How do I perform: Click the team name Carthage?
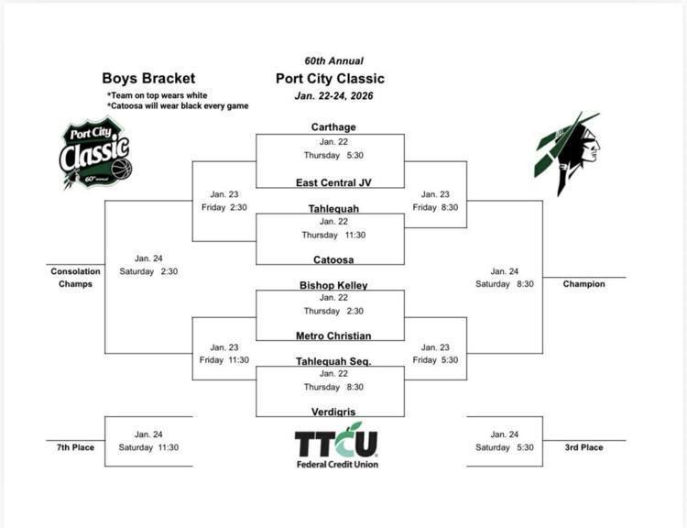pyautogui.click(x=333, y=127)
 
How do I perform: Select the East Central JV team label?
pyautogui.click(x=333, y=182)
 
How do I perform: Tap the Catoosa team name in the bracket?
pyautogui.click(x=333, y=260)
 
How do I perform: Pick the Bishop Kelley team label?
pyautogui.click(x=333, y=286)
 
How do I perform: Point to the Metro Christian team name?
pyautogui.click(x=333, y=336)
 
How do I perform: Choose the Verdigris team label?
pyautogui.click(x=333, y=412)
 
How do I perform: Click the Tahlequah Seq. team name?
pyautogui.click(x=333, y=362)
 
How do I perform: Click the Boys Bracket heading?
pyautogui.click(x=148, y=79)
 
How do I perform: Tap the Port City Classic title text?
pyautogui.click(x=330, y=79)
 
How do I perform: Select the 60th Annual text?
pyautogui.click(x=333, y=60)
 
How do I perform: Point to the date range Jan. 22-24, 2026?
pyautogui.click(x=334, y=96)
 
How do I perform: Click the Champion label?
pyautogui.click(x=584, y=284)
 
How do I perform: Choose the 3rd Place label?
pyautogui.click(x=584, y=447)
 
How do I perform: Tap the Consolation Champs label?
pyautogui.click(x=72, y=278)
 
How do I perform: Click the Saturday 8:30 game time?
pyautogui.click(x=505, y=284)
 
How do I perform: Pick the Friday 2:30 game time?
pyautogui.click(x=224, y=207)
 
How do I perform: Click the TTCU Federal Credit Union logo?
pyautogui.click(x=336, y=447)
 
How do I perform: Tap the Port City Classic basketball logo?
pyautogui.click(x=94, y=153)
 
